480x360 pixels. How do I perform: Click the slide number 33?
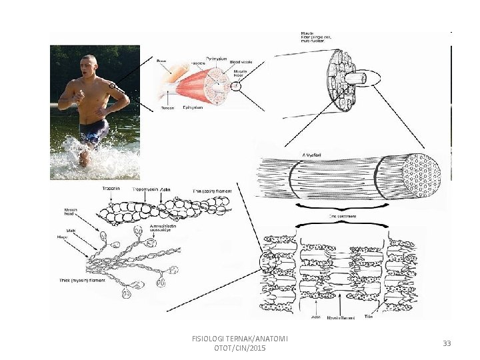(x=447, y=343)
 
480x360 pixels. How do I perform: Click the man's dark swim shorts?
(x=93, y=131)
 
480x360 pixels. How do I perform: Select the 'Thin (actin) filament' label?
(x=212, y=191)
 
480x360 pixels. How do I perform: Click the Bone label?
(x=161, y=61)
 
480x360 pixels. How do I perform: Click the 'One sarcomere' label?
(x=341, y=216)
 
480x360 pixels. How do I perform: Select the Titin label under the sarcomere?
(x=368, y=317)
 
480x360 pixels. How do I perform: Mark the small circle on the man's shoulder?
(x=113, y=85)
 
